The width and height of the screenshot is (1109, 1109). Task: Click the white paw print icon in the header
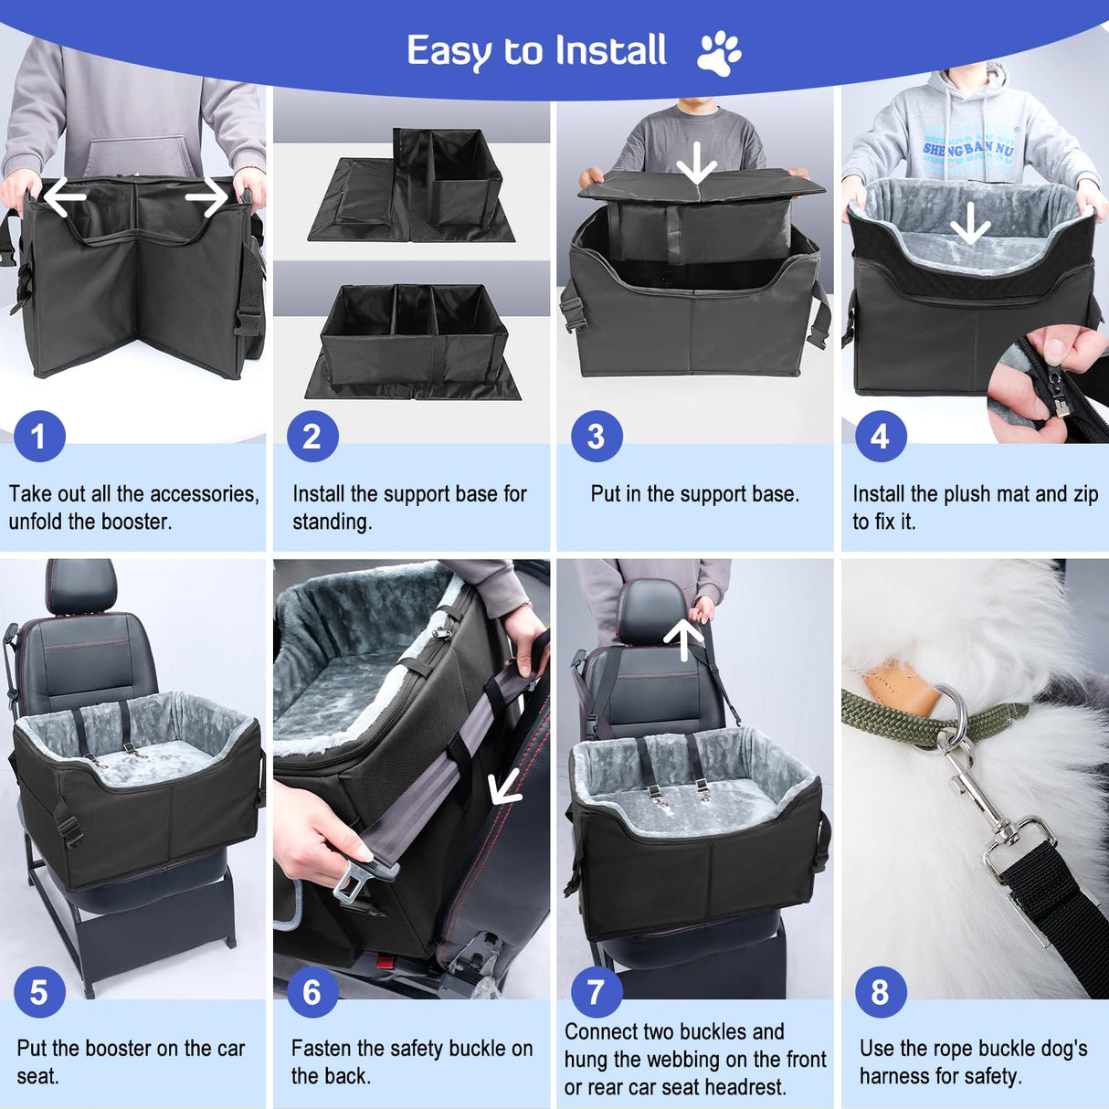(x=719, y=53)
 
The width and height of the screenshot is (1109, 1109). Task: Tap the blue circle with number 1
(x=38, y=437)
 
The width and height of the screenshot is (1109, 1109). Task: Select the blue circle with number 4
(x=880, y=437)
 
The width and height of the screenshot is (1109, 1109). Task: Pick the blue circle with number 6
(x=312, y=992)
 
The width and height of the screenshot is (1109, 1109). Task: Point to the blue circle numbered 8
(x=880, y=992)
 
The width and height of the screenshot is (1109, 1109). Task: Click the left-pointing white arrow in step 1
(x=64, y=197)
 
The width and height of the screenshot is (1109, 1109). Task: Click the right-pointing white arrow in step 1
(x=206, y=197)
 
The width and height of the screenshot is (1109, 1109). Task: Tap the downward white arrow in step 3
(x=697, y=164)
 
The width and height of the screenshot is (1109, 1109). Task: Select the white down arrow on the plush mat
(x=970, y=223)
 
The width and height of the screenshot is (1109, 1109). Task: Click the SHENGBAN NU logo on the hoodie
(x=967, y=148)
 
